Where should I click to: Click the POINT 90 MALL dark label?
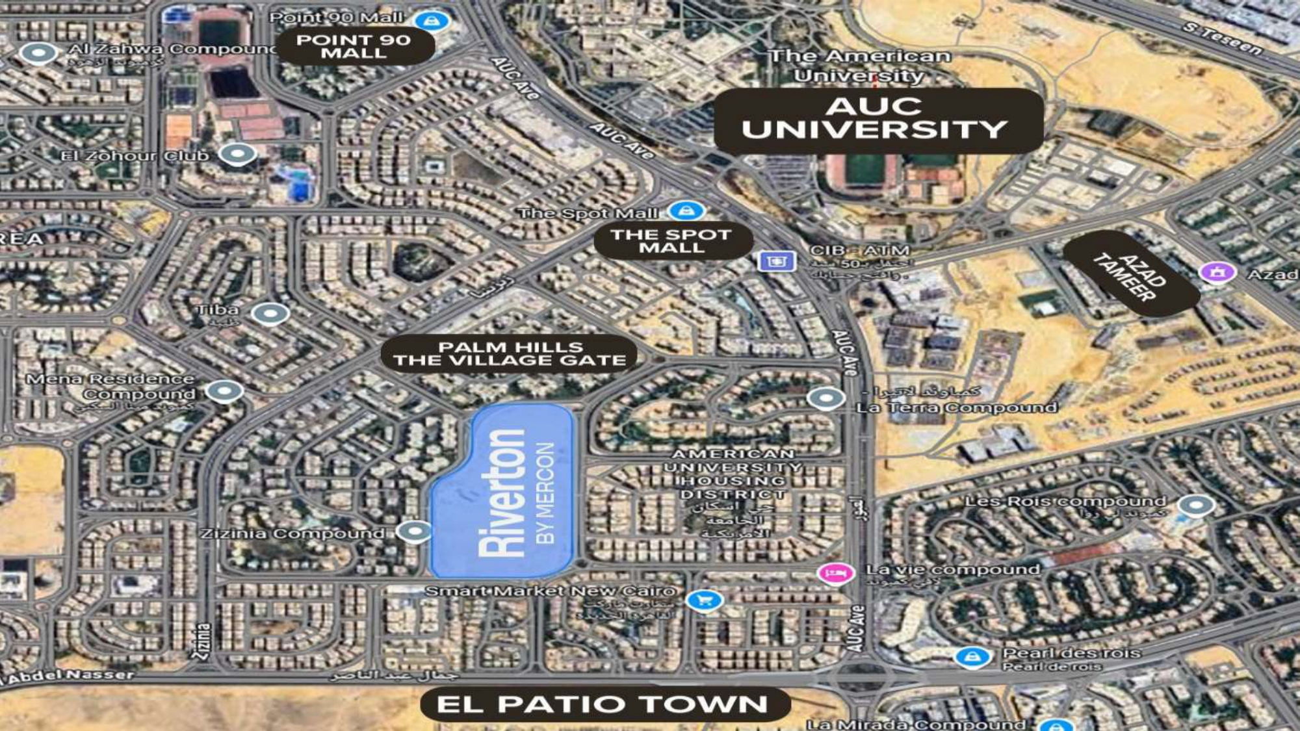point(355,46)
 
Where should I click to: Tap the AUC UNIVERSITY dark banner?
point(877,120)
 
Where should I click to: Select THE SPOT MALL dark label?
point(673,241)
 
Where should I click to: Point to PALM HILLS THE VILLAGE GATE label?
point(509,354)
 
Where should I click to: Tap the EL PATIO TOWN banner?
point(604,704)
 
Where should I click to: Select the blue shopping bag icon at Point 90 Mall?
point(432,21)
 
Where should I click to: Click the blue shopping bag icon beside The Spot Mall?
point(686,211)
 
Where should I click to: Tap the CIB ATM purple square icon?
point(776,261)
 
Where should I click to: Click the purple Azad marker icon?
point(1217,272)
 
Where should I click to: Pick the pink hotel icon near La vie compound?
point(836,573)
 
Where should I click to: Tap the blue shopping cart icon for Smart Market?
point(704,600)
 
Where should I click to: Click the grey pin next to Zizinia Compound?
point(414,532)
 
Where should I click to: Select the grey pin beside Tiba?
point(270,314)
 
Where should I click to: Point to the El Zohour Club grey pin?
point(237,155)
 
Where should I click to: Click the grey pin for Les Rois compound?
point(1196,505)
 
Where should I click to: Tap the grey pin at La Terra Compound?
point(826,398)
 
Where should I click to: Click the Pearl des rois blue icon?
point(972,657)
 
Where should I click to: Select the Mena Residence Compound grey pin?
point(225,391)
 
